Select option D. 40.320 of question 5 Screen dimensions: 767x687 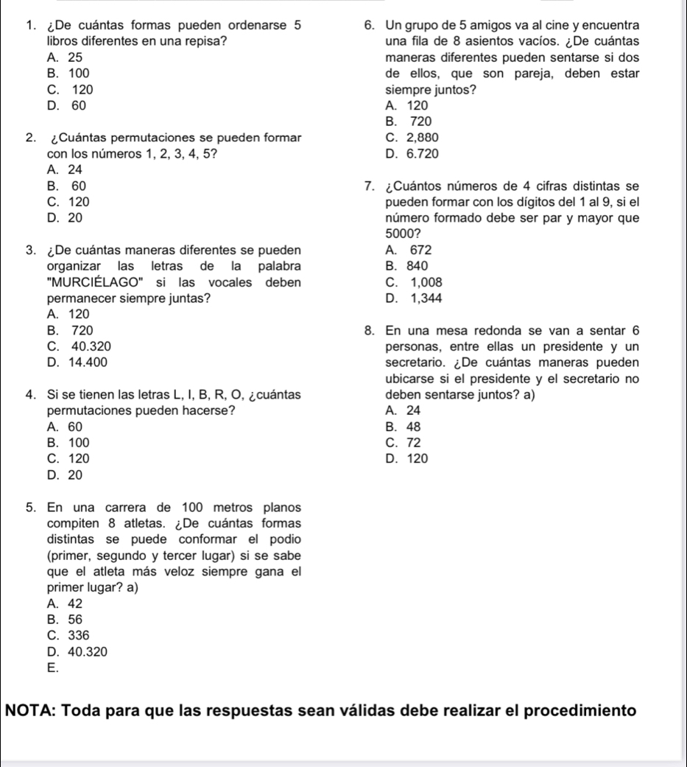79,651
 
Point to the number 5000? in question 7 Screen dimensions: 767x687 399,234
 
